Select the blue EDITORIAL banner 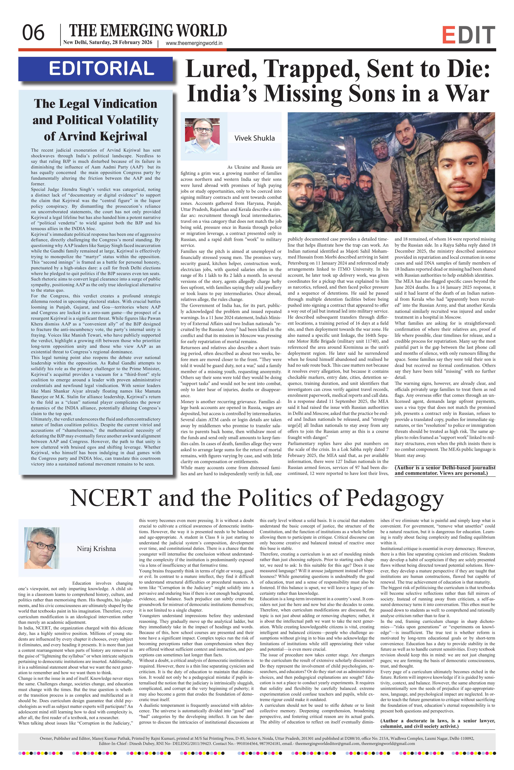pos(95,69)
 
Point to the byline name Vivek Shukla pos(254,138)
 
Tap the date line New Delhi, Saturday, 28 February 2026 pos(108,42)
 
